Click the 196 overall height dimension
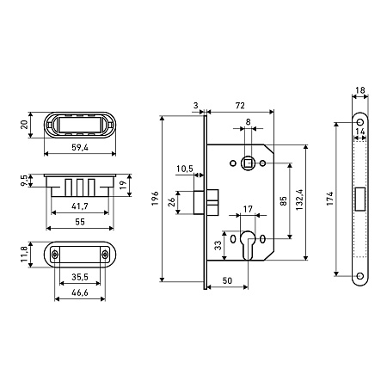click(x=155, y=198)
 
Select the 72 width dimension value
click(x=240, y=106)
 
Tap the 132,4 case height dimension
click(x=300, y=200)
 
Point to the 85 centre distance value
click(x=283, y=200)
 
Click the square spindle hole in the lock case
click(x=248, y=163)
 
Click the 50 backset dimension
click(x=227, y=280)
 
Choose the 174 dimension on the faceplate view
click(x=330, y=199)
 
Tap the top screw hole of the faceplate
click(x=360, y=122)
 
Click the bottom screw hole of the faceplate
click(x=360, y=276)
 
